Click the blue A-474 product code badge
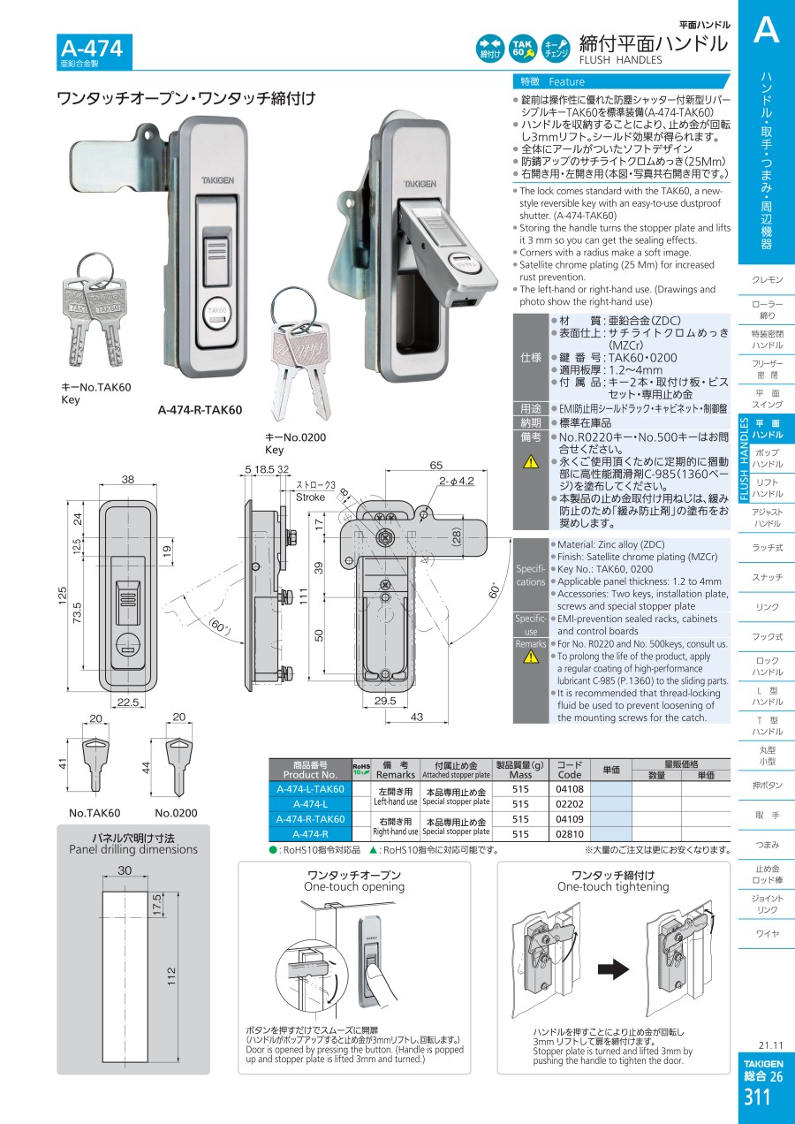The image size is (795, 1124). pos(91,51)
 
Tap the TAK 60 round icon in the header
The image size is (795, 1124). pos(522,49)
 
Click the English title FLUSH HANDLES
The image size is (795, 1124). pos(620,60)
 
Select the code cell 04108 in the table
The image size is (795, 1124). pos(569,788)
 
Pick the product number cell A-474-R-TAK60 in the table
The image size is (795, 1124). pos(310,819)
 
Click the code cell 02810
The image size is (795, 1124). pos(569,833)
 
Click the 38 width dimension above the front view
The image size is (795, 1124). pos(127,481)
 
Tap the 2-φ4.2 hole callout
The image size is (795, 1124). pos(456,482)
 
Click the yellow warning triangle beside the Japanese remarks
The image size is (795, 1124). pos(530,461)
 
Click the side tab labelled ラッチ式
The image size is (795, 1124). pos(767,548)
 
